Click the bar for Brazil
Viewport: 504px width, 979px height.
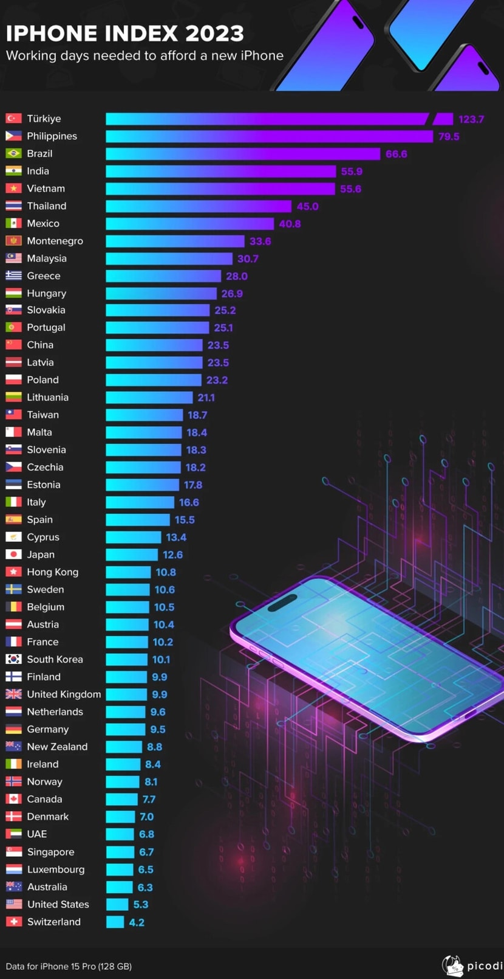(x=243, y=154)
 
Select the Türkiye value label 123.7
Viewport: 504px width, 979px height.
(x=471, y=119)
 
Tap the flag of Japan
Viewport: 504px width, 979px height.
(x=13, y=555)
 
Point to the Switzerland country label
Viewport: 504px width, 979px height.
(x=53, y=922)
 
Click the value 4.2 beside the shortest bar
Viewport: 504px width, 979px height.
(x=137, y=922)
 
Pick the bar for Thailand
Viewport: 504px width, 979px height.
(x=199, y=206)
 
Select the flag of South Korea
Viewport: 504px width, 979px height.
(x=13, y=659)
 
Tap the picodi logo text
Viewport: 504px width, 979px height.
(x=485, y=966)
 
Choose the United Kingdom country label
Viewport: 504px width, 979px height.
(x=64, y=694)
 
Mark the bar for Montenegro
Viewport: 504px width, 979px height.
(x=175, y=241)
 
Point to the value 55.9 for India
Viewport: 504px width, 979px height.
(x=352, y=171)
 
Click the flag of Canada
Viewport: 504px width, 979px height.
(x=13, y=799)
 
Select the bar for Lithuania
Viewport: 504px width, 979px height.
(x=149, y=398)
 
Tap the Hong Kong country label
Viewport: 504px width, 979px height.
(x=52, y=572)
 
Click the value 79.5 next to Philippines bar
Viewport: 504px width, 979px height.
(x=449, y=137)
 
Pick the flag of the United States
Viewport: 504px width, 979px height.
(x=13, y=904)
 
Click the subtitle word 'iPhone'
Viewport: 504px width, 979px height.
(x=262, y=56)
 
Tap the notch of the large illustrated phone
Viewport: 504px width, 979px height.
(x=282, y=603)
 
